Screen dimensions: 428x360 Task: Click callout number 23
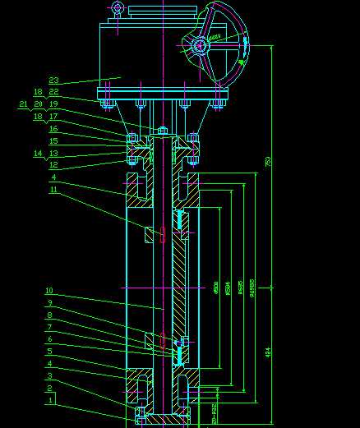pos(54,81)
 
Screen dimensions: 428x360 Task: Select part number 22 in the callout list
pos(53,92)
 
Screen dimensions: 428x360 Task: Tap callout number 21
pos(23,104)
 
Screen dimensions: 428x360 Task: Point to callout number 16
pos(53,129)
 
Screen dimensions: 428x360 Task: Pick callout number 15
pos(53,141)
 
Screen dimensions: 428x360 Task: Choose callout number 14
pos(38,154)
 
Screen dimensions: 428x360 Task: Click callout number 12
pos(53,165)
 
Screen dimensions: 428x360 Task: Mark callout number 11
pos(53,190)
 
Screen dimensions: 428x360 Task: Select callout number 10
pos(49,291)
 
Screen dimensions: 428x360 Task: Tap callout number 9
pos(49,303)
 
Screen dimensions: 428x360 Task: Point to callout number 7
pos(49,327)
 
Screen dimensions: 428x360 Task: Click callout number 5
pos(49,351)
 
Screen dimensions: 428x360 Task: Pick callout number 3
pos(49,375)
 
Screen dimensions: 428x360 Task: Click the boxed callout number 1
pos(50,400)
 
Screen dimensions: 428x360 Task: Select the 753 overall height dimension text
pos(267,163)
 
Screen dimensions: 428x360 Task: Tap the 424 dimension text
pos(267,352)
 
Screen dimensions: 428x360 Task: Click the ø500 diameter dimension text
pos(216,288)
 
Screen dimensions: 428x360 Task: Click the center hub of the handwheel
pos(200,46)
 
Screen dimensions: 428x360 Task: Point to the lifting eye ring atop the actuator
pos(118,8)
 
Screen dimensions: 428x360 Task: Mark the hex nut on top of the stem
pos(162,130)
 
